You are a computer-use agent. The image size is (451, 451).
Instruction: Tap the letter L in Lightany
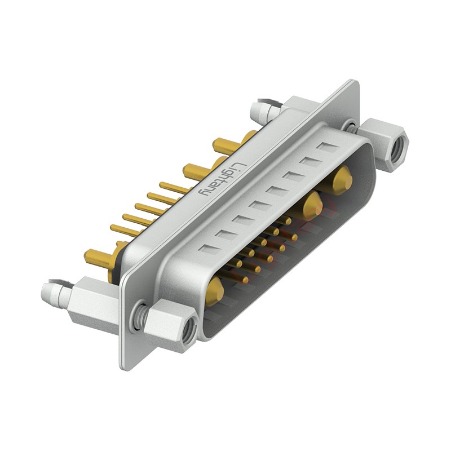(x=240, y=167)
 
